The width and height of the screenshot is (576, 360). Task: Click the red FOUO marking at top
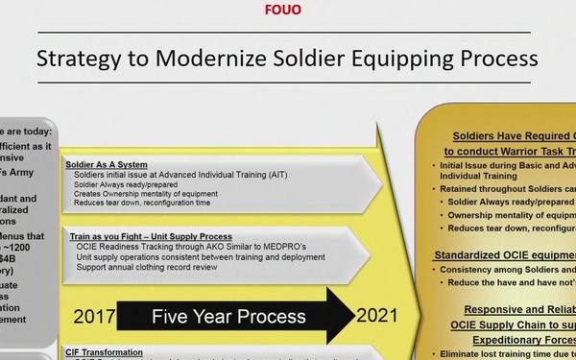(x=288, y=12)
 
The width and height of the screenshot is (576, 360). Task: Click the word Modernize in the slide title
(x=217, y=59)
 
